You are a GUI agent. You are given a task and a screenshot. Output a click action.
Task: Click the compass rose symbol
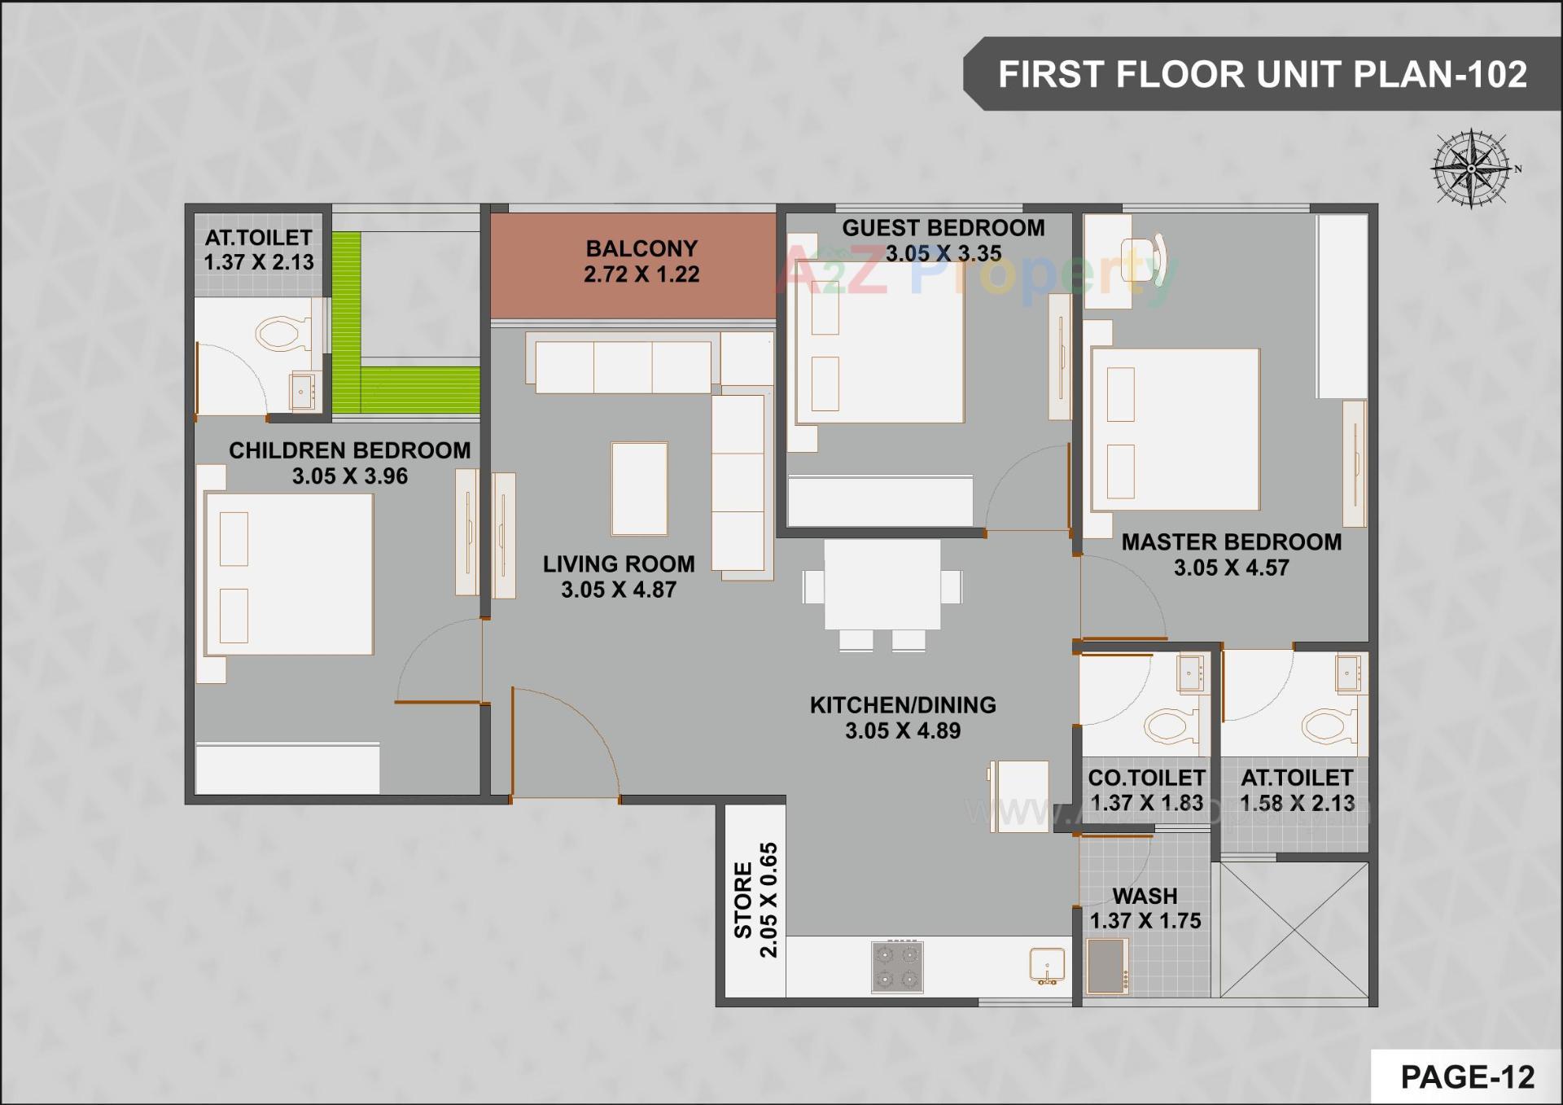coord(1472,169)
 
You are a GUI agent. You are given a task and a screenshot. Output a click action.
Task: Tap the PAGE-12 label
coord(1467,1077)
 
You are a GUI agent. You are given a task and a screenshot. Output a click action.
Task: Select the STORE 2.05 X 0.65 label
coord(755,900)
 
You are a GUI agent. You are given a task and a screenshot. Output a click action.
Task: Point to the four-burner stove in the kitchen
coord(897,967)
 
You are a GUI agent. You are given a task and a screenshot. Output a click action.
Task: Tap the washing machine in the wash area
coord(1107,967)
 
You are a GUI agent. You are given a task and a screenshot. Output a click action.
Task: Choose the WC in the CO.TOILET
coord(1171,725)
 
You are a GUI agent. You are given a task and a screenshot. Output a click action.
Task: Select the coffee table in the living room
coord(639,489)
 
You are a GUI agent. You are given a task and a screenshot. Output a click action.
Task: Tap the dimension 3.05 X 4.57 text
coord(1231,568)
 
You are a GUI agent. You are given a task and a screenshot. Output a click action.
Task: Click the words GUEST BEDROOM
coord(943,228)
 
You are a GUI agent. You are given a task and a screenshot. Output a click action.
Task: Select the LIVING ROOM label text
coord(619,563)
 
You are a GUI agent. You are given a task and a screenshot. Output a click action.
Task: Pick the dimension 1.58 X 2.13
coord(1297,804)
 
